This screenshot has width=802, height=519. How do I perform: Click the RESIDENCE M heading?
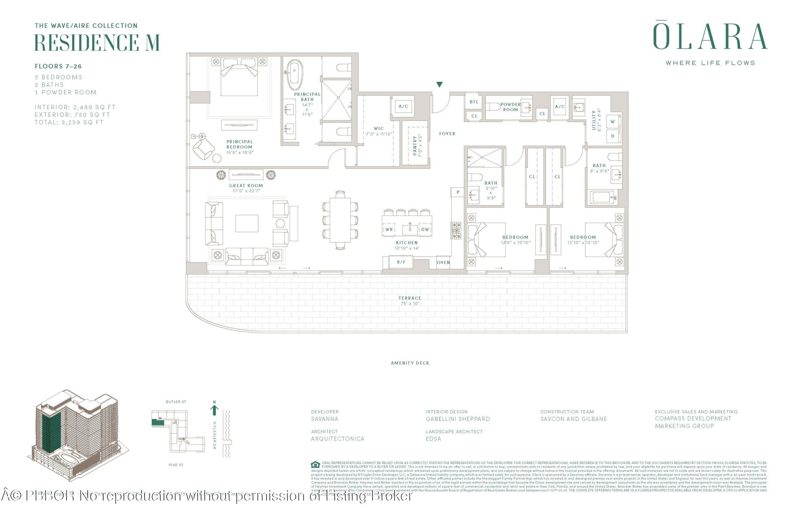[x=97, y=42]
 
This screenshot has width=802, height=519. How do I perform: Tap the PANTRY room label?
[x=415, y=145]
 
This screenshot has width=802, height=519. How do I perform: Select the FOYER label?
[x=447, y=134]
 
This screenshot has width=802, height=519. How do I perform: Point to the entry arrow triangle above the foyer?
[x=439, y=85]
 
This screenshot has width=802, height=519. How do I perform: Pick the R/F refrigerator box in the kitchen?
[x=401, y=262]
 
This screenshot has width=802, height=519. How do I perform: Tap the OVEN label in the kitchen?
[x=443, y=262]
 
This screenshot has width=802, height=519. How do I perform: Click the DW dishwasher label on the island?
[x=425, y=229]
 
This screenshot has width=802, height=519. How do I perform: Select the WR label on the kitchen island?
[x=389, y=229]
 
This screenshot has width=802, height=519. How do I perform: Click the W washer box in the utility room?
[x=612, y=122]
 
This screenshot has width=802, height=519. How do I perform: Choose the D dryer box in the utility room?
[x=613, y=136]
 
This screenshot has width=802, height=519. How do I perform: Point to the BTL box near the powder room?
[x=474, y=102]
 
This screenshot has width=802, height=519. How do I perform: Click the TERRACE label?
[x=410, y=298]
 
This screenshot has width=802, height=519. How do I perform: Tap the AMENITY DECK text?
[x=410, y=363]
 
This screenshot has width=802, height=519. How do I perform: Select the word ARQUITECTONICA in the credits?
[x=338, y=439]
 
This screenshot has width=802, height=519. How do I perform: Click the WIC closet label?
[x=379, y=129]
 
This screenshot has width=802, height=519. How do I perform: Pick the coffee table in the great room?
[x=247, y=223]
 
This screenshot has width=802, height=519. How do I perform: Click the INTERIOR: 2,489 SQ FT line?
[x=75, y=107]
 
